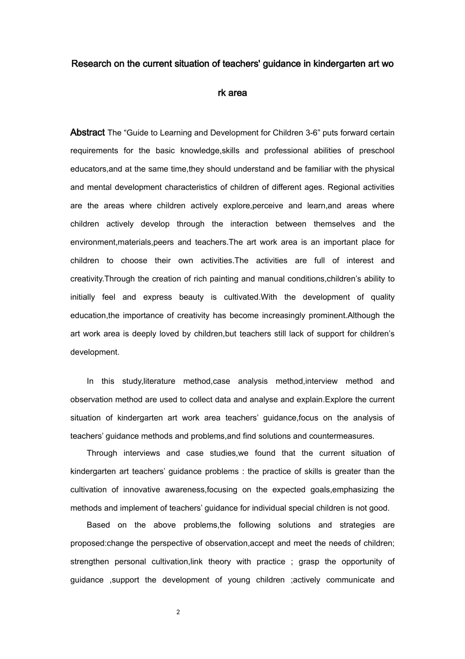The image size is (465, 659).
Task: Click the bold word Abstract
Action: [87, 132]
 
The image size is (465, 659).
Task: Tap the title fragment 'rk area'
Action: [232, 93]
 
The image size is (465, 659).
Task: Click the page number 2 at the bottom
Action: [178, 612]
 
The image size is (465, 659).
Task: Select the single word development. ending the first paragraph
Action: [94, 352]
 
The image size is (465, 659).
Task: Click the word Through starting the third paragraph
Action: [102, 453]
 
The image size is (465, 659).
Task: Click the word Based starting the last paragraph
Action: [98, 525]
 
